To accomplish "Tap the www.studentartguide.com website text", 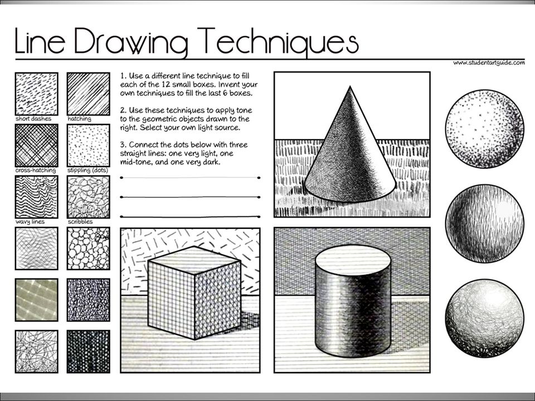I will tap(488, 63).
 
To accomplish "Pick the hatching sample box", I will tap(88, 93).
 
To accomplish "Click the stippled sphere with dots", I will tap(484, 128).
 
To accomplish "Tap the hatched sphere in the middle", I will tap(484, 223).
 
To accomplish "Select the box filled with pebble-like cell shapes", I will tap(88, 248).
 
